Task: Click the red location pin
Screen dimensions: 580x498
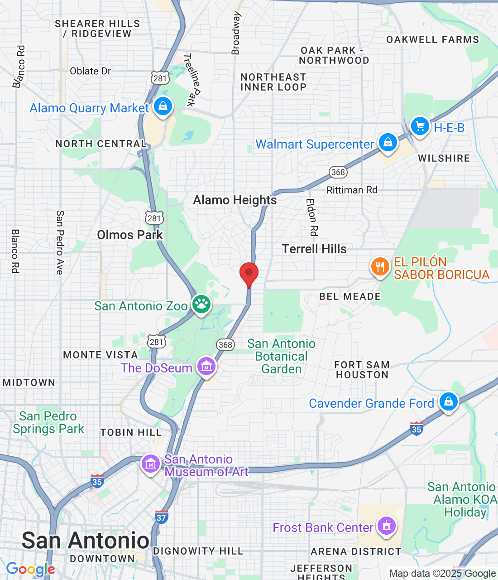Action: pyautogui.click(x=249, y=274)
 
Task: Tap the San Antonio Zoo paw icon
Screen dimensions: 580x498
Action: pyautogui.click(x=201, y=304)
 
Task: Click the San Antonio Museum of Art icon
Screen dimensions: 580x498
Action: pyautogui.click(x=151, y=464)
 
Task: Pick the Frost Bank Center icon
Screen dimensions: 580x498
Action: pyautogui.click(x=386, y=526)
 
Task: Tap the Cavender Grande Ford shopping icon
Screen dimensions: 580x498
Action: pyautogui.click(x=448, y=401)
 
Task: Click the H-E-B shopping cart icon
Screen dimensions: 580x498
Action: pyautogui.click(x=420, y=126)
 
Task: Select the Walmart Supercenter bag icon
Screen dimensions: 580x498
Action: pyautogui.click(x=388, y=142)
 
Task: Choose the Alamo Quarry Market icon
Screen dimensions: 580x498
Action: pyautogui.click(x=163, y=106)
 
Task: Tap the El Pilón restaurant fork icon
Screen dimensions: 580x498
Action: pyautogui.click(x=380, y=266)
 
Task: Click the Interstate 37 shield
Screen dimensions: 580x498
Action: pyautogui.click(x=161, y=516)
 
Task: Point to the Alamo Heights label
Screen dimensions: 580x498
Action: pyautogui.click(x=235, y=200)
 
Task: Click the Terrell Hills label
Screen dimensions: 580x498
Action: pyautogui.click(x=314, y=249)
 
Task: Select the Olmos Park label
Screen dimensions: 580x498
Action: pyautogui.click(x=130, y=235)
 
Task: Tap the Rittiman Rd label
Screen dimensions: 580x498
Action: pyautogui.click(x=352, y=190)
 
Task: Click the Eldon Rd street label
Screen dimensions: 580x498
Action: pyautogui.click(x=312, y=217)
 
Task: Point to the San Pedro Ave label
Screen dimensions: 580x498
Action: pyautogui.click(x=60, y=242)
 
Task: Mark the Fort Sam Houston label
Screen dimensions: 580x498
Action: pyautogui.click(x=362, y=370)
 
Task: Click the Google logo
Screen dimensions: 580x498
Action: pyautogui.click(x=30, y=569)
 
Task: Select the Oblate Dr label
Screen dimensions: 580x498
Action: pyautogui.click(x=90, y=71)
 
